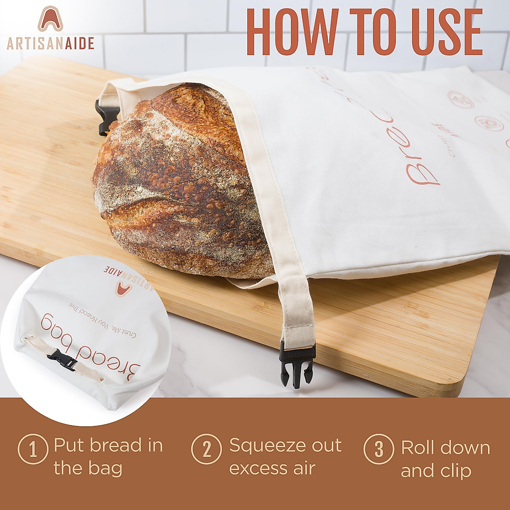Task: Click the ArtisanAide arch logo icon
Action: pos(50,19)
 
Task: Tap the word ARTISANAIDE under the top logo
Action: pos(50,43)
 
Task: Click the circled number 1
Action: pos(33,449)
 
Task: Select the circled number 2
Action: pos(206,449)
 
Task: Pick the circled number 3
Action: pos(379,449)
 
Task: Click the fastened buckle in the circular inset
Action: pos(62,360)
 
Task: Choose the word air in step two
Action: pos(303,468)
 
